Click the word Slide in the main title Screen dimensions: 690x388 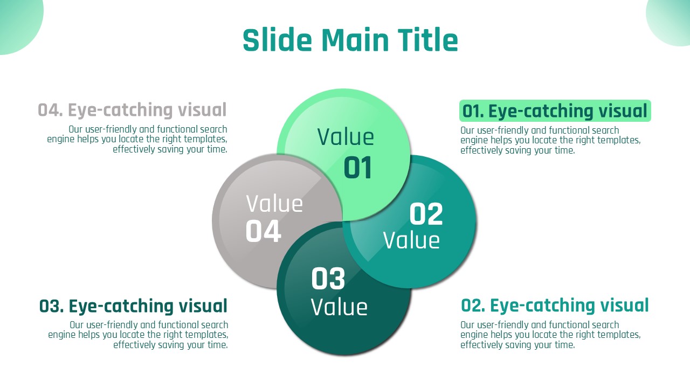click(x=277, y=40)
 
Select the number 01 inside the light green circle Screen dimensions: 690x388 click(x=357, y=168)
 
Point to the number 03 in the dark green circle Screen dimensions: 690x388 click(x=328, y=279)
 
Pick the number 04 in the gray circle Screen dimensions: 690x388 click(x=264, y=231)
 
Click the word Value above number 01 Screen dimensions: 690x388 click(x=346, y=137)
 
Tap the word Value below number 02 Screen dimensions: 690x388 click(x=411, y=240)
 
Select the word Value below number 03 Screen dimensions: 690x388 click(x=339, y=307)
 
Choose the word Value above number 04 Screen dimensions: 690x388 click(x=274, y=204)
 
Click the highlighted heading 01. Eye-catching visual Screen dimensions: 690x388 click(x=555, y=111)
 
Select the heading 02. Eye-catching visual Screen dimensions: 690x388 click(x=555, y=306)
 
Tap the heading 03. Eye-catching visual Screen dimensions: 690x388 click(x=133, y=306)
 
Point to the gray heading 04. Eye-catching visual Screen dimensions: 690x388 click(x=132, y=110)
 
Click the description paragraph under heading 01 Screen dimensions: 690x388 click(x=550, y=140)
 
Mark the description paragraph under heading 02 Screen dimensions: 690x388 click(x=550, y=335)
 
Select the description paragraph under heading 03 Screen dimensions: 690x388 click(x=138, y=335)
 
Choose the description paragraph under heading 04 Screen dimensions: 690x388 click(x=137, y=139)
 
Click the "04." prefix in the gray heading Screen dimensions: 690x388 click(x=51, y=110)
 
